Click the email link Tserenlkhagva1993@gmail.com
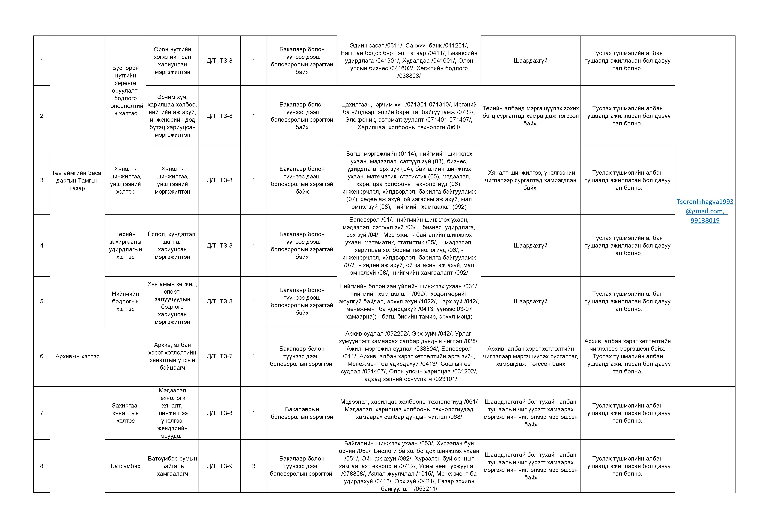[705, 206]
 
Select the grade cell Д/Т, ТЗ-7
[219, 356]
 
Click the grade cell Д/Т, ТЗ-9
[219, 466]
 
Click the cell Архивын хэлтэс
[77, 356]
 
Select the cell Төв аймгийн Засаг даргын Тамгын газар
[77, 180]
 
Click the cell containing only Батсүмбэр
[125, 466]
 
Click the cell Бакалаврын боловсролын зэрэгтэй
[302, 413]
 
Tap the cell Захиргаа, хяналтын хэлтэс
[125, 413]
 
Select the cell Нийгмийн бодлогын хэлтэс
[125, 301]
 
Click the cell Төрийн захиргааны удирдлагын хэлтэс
[125, 245]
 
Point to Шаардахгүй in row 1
[530, 61]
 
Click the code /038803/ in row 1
[409, 76]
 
